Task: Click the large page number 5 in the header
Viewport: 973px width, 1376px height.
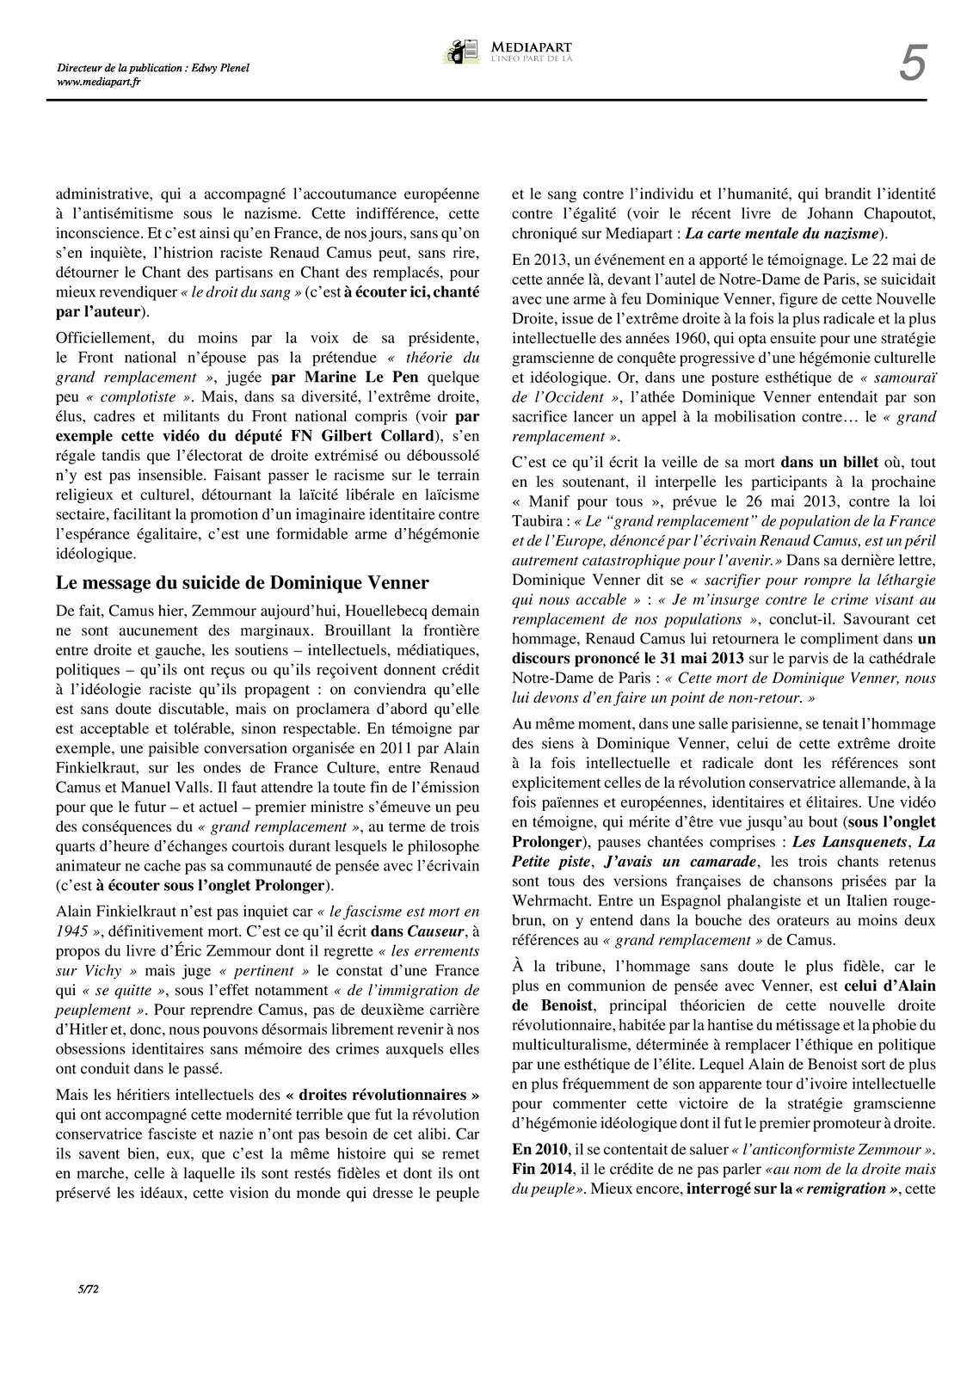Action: coord(913,64)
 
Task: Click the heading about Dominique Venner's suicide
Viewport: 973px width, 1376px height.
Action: coord(242,582)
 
